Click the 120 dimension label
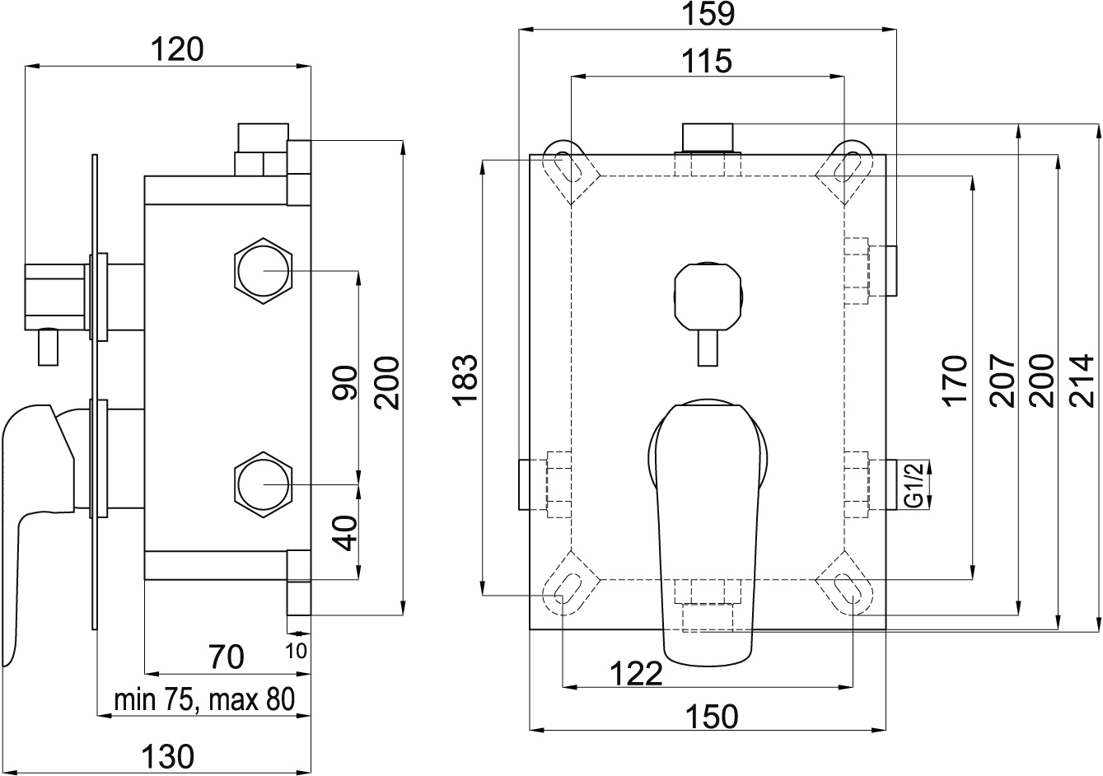coord(177,49)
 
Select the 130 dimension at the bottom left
coord(167,756)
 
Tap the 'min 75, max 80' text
coord(204,699)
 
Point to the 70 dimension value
coord(226,657)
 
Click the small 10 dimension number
coord(296,651)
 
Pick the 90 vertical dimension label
coord(344,382)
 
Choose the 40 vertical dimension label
coord(344,533)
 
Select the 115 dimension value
coord(707,61)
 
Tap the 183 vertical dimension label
coord(465,380)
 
